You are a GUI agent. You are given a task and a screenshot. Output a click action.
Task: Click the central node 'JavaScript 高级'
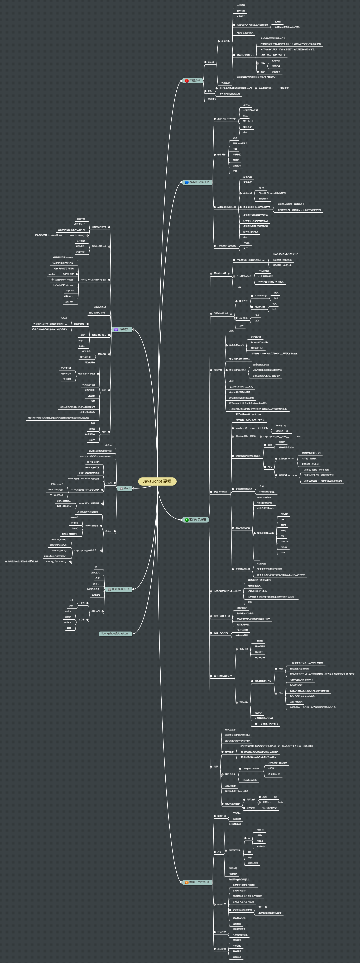pyautogui.click(x=157, y=481)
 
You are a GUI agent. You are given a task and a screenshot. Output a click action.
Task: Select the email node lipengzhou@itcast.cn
pyautogui.click(x=115, y=633)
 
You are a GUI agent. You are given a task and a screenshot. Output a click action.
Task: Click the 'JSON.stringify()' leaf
pyautogui.click(x=55, y=489)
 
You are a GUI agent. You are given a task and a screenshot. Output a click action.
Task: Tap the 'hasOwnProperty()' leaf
pyautogui.click(x=58, y=545)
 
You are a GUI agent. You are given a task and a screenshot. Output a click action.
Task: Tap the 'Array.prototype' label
pyautogui.click(x=264, y=497)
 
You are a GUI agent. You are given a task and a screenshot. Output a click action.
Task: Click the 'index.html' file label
pyautogui.click(x=253, y=863)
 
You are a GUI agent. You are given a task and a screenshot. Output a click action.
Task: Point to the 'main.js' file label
pyautogui.click(x=260, y=829)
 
